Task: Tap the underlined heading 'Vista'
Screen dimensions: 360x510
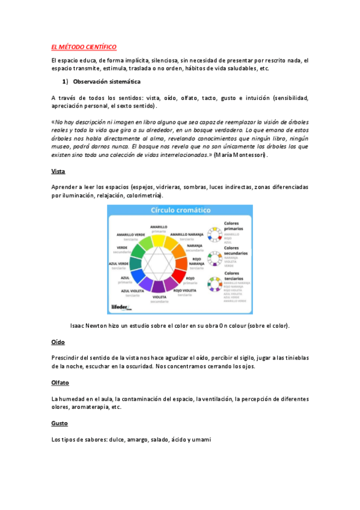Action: [58, 171]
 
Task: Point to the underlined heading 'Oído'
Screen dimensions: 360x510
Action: [58, 342]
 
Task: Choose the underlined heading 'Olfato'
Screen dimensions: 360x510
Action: [60, 382]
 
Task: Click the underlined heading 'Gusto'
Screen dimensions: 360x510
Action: [59, 423]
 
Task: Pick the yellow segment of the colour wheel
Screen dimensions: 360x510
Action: [158, 240]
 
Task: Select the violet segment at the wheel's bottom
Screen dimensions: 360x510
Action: [159, 285]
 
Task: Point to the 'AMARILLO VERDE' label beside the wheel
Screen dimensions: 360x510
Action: [131, 233]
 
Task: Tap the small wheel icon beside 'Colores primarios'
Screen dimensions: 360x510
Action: [213, 233]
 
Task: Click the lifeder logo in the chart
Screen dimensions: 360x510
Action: [122, 307]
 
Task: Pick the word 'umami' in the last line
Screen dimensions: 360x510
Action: [200, 440]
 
